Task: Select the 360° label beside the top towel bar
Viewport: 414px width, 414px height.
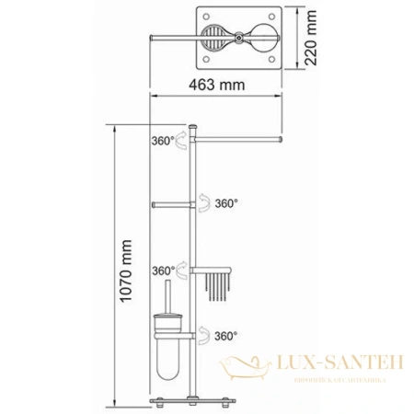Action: coord(161,143)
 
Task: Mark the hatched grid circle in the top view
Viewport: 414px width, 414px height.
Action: coord(211,40)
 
